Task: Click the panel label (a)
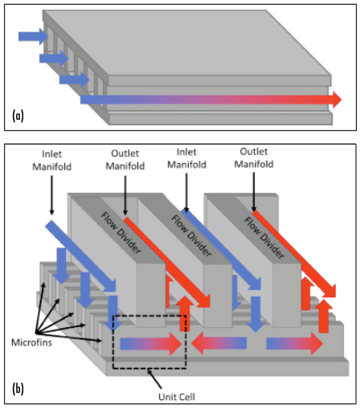click(18, 116)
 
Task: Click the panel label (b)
click(18, 389)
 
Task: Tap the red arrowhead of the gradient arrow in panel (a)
click(337, 100)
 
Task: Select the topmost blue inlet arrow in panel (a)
click(33, 36)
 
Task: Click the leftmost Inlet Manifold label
click(52, 160)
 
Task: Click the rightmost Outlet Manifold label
click(254, 157)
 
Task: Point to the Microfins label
click(31, 342)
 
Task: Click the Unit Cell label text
click(177, 397)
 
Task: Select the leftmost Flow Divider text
click(121, 233)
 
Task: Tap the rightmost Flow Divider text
click(264, 237)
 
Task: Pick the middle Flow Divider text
click(191, 235)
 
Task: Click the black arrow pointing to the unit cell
click(154, 378)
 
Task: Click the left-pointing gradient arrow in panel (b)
click(219, 343)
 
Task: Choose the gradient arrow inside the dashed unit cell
click(151, 344)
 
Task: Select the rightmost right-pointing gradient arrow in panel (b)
click(295, 344)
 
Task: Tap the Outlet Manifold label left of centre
click(125, 160)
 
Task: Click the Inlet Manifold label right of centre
click(186, 158)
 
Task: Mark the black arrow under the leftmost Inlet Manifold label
click(52, 195)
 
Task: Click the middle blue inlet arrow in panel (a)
click(54, 58)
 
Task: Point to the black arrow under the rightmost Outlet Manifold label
click(254, 192)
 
